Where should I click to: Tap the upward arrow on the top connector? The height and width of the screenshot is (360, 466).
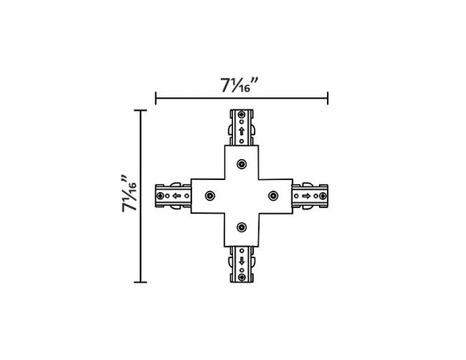pos(241,131)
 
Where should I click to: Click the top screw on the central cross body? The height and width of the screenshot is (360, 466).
pos(241,164)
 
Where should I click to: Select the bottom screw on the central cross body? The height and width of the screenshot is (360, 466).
pos(241,227)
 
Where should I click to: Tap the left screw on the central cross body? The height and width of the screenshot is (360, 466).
pos(210,195)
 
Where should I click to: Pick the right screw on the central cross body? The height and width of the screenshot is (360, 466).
pos(273,195)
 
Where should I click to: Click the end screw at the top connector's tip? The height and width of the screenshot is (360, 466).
pos(241,115)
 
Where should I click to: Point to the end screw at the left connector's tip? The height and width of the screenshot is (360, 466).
pos(161,195)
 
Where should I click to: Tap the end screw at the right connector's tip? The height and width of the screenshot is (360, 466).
pos(321,195)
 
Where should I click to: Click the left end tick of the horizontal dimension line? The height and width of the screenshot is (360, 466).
pos(155,100)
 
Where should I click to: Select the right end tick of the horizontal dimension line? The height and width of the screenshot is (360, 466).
pos(328,100)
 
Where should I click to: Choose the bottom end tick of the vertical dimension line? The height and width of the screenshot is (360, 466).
pos(143,282)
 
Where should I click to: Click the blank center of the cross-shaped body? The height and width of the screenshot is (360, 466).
pos(241,195)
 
